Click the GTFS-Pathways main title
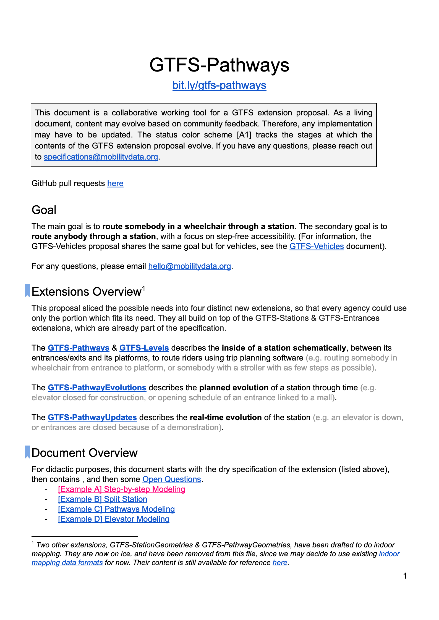(x=219, y=65)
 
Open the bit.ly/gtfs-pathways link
(x=219, y=85)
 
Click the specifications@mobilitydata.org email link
(x=101, y=157)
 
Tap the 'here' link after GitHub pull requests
(x=115, y=183)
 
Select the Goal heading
(x=44, y=210)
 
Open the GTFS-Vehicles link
(x=317, y=246)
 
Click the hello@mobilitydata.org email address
(x=190, y=266)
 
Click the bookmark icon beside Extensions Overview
(x=27, y=291)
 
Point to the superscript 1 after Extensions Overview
(x=143, y=288)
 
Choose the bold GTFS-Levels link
(x=144, y=348)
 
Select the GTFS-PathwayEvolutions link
(x=97, y=388)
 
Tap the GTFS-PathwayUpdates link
(x=92, y=417)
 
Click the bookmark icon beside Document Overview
(x=27, y=452)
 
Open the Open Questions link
(x=172, y=479)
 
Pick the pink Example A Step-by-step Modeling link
(x=121, y=489)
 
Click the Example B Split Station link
(x=103, y=499)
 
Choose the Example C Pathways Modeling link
(x=116, y=509)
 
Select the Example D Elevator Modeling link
(x=114, y=519)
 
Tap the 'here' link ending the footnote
(x=280, y=563)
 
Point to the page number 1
(x=405, y=576)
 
